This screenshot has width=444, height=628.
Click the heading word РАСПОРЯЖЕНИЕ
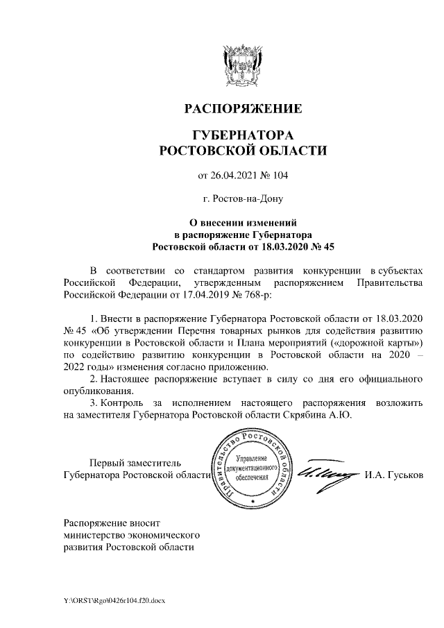pyautogui.click(x=242, y=109)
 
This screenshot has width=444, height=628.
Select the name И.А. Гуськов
pyautogui.click(x=393, y=475)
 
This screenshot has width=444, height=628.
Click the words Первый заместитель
pyautogui.click(x=133, y=463)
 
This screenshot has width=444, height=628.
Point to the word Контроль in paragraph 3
pyautogui.click(x=123, y=402)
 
